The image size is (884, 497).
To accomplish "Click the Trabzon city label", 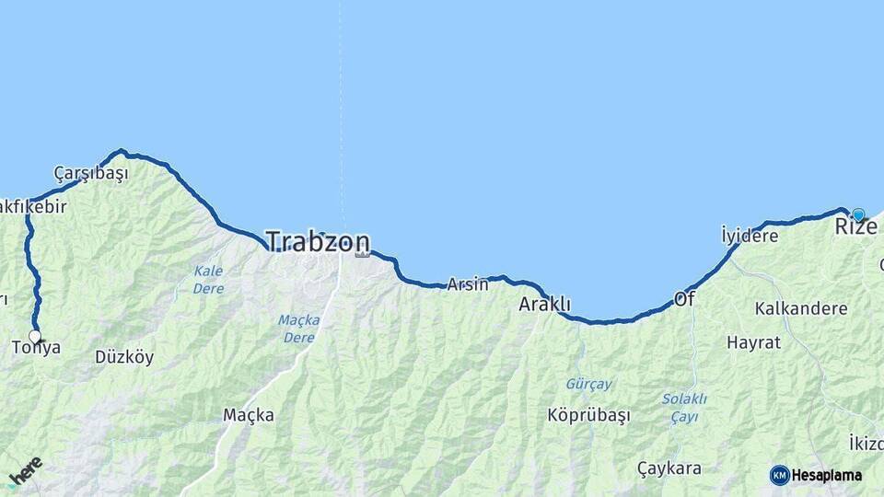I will coord(318,242).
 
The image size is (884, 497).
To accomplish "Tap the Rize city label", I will coord(855,226).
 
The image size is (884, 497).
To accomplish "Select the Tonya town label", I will coord(37,348).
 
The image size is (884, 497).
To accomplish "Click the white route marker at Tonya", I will coord(35,336).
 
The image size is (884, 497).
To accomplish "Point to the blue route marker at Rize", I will coord(858,215).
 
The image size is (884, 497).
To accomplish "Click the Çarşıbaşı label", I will coord(90,173).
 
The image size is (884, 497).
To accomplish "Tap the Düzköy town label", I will coord(124,357).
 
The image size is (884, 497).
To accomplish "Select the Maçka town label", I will coord(249,415).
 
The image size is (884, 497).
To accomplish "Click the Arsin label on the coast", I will coord(468,284).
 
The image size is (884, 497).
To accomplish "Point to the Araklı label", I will coord(545,305).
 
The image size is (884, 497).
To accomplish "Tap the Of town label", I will coord(684,299).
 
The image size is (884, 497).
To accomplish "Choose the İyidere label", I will coord(749,235).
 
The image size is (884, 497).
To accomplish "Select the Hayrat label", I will coord(753,342).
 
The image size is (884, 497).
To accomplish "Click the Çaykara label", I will coord(669,468).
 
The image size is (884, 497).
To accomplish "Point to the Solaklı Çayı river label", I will coord(684,407).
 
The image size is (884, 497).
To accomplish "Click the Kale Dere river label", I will coord(208,279).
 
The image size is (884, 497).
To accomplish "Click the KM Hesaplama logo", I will coord(816,475).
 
